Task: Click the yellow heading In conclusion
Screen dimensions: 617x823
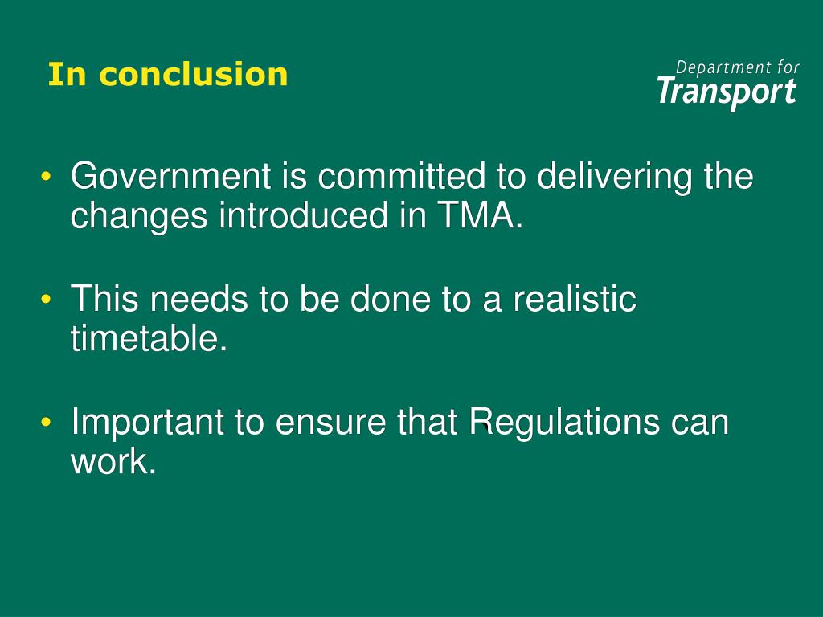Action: [x=167, y=75]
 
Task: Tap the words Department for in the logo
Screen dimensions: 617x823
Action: [x=737, y=67]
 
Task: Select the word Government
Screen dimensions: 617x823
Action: [x=170, y=177]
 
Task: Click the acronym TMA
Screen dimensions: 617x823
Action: [x=477, y=216]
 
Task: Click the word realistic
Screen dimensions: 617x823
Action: [x=575, y=300]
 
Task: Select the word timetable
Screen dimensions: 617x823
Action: [x=145, y=339]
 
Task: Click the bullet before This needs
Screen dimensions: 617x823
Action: [x=49, y=300]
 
